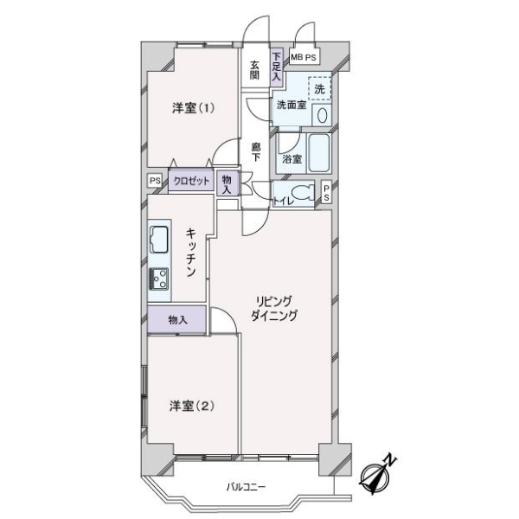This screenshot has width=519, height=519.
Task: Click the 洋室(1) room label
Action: click(193, 108)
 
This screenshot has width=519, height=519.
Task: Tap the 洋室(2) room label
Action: click(191, 406)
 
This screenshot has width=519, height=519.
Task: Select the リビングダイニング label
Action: click(274, 309)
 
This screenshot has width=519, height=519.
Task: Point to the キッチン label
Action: click(191, 253)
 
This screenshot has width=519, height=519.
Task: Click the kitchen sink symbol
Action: click(159, 240)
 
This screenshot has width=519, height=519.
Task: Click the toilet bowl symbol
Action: click(304, 192)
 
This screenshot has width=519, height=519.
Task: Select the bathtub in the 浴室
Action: click(319, 153)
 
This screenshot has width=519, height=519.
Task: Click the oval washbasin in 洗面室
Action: click(322, 116)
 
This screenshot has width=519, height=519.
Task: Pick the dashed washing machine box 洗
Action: click(320, 89)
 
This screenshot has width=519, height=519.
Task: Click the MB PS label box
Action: click(304, 57)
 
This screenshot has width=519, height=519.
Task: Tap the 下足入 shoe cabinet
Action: click(277, 67)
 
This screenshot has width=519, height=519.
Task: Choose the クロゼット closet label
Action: click(191, 181)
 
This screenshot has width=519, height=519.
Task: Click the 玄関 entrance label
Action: click(254, 70)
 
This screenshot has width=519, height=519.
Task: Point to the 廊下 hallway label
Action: click(255, 152)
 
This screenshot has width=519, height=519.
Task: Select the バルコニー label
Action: click(246, 487)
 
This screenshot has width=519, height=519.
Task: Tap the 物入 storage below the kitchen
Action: click(177, 320)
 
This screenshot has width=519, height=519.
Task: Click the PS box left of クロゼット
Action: click(155, 181)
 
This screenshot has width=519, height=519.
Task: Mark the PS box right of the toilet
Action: click(327, 193)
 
